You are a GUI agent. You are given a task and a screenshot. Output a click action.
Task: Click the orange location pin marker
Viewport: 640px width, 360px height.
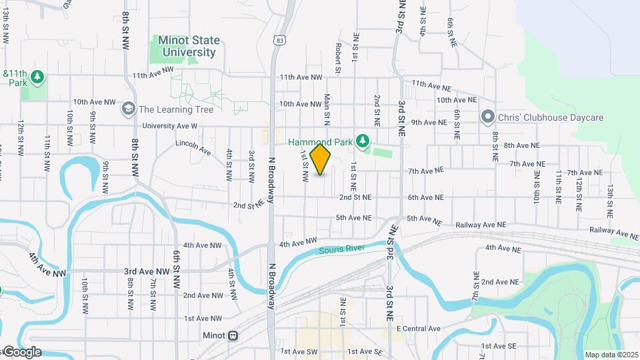point(321,159)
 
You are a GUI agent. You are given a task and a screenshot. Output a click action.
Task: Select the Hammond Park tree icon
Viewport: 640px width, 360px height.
point(362,141)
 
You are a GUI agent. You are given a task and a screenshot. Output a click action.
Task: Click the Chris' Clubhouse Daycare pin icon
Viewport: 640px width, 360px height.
point(488,117)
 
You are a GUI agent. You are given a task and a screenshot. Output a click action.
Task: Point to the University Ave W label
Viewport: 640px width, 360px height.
point(169,125)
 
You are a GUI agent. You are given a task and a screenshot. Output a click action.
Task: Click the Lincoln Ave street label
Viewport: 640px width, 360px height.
point(193,147)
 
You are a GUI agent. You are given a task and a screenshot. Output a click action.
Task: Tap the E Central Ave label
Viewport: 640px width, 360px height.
point(418,329)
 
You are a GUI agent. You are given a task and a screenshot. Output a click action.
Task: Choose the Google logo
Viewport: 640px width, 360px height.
point(21,351)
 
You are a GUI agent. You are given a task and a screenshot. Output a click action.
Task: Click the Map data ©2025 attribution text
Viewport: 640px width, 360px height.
point(611,355)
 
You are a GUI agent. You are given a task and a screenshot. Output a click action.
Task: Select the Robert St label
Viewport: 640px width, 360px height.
point(339,58)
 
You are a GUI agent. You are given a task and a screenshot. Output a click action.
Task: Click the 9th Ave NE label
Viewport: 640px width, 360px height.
point(428,122)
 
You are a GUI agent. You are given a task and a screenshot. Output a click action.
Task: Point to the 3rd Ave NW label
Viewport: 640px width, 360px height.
point(147,272)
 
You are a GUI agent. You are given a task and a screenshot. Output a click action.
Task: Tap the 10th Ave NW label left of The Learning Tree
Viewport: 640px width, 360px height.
point(95,102)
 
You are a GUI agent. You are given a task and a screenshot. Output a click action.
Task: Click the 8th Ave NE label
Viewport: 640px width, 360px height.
point(521,145)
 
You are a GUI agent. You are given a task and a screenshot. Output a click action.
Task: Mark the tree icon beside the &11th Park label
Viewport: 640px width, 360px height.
point(39,77)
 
